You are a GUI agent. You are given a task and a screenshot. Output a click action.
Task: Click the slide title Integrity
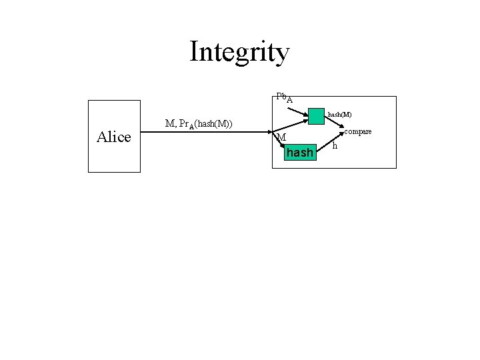[x=239, y=51]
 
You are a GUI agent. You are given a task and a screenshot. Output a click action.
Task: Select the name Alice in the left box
[x=114, y=137]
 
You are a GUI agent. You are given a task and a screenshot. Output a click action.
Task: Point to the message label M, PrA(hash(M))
[x=198, y=123]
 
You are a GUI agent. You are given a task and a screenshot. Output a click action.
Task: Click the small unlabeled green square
[x=316, y=116]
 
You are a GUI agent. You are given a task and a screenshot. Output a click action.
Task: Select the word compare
[x=357, y=131]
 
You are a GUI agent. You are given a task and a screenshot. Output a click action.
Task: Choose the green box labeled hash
[x=299, y=153]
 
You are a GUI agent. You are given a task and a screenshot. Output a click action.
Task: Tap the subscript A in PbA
[x=289, y=100]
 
